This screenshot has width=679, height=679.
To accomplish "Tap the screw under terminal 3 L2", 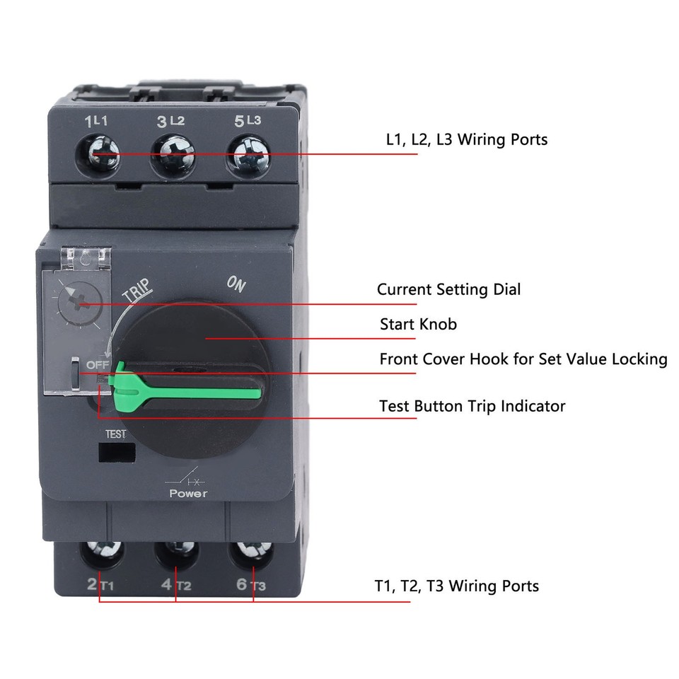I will tap(173, 153).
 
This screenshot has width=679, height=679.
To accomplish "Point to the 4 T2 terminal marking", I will tap(177, 586).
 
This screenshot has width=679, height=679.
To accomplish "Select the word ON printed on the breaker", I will tap(236, 284).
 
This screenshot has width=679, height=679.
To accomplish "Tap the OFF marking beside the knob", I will tap(95, 364).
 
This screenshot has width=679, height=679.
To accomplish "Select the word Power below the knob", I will tap(188, 493).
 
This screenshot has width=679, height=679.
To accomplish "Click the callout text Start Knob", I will tap(418, 325).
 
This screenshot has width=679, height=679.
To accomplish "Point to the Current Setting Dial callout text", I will tap(448, 289).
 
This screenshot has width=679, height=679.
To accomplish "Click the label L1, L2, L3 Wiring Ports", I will tap(466, 139).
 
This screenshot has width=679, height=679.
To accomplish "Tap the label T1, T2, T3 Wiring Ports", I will tap(456, 586).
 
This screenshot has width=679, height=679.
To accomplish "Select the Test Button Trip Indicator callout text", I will tap(472, 406).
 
